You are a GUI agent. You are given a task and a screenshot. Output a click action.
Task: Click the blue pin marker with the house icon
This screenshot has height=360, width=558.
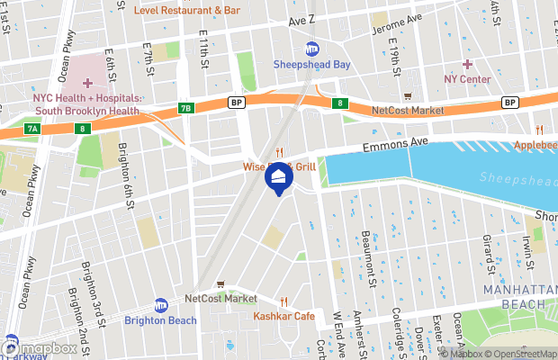coord(278,177)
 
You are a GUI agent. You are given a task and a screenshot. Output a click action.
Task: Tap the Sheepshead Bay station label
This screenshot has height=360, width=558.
coord(311,64)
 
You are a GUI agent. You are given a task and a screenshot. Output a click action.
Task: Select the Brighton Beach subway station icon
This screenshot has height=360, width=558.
coord(160,305)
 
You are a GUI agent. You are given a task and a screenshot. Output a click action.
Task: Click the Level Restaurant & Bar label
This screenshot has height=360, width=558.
coord(187,11)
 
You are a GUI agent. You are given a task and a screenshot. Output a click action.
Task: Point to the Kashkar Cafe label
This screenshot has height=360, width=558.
coord(283,316)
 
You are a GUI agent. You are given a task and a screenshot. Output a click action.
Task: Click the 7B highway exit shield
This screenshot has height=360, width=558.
coord(185,108)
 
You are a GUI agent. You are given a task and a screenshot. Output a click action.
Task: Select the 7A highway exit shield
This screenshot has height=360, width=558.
coord(32,129)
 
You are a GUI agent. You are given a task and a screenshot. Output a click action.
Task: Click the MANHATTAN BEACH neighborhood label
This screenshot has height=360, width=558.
coord(514,297)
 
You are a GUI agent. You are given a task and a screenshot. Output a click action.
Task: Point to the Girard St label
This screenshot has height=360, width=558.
coord(488,255)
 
